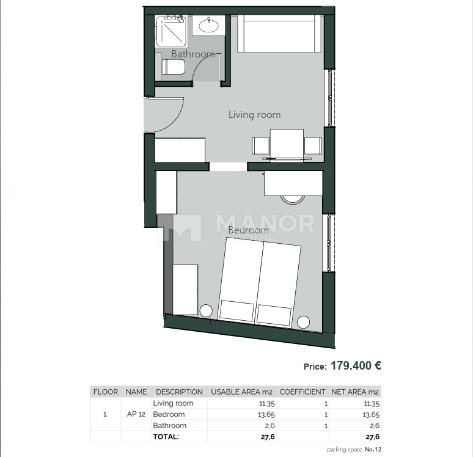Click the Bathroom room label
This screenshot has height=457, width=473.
(193, 54)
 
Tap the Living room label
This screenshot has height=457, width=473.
(254, 114)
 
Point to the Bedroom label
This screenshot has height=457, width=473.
(248, 230)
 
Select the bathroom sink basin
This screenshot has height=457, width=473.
(209, 25)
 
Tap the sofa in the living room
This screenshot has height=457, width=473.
(280, 34)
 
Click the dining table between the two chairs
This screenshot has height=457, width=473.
(287, 144)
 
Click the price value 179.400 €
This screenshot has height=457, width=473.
(356, 366)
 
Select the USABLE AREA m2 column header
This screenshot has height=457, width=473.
(241, 392)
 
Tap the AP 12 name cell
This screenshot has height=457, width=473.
(136, 414)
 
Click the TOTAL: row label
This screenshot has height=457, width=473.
(166, 436)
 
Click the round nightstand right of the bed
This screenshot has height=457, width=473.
(304, 322)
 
